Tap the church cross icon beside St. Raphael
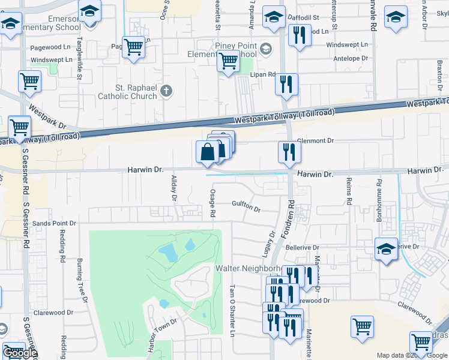(x=166, y=91)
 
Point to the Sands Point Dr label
(x=55, y=223)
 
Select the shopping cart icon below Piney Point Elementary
(x=228, y=61)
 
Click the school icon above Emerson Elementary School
(x=89, y=12)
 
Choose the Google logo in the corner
(x=20, y=353)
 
